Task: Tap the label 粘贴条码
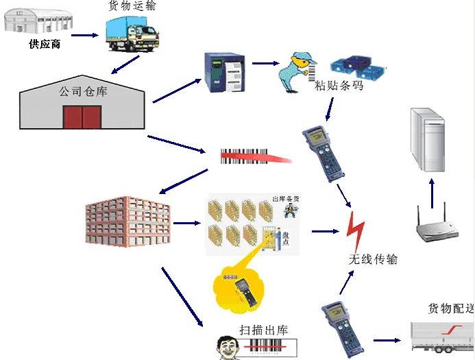click(338, 86)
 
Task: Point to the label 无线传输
click(373, 259)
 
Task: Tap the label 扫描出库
click(264, 329)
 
